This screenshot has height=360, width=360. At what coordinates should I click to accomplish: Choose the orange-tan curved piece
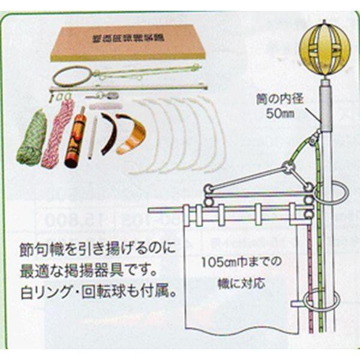point(131,135)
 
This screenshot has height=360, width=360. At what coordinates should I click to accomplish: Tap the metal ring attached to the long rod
point(71,76)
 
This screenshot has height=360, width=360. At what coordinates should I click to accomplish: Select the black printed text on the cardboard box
point(127,39)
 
